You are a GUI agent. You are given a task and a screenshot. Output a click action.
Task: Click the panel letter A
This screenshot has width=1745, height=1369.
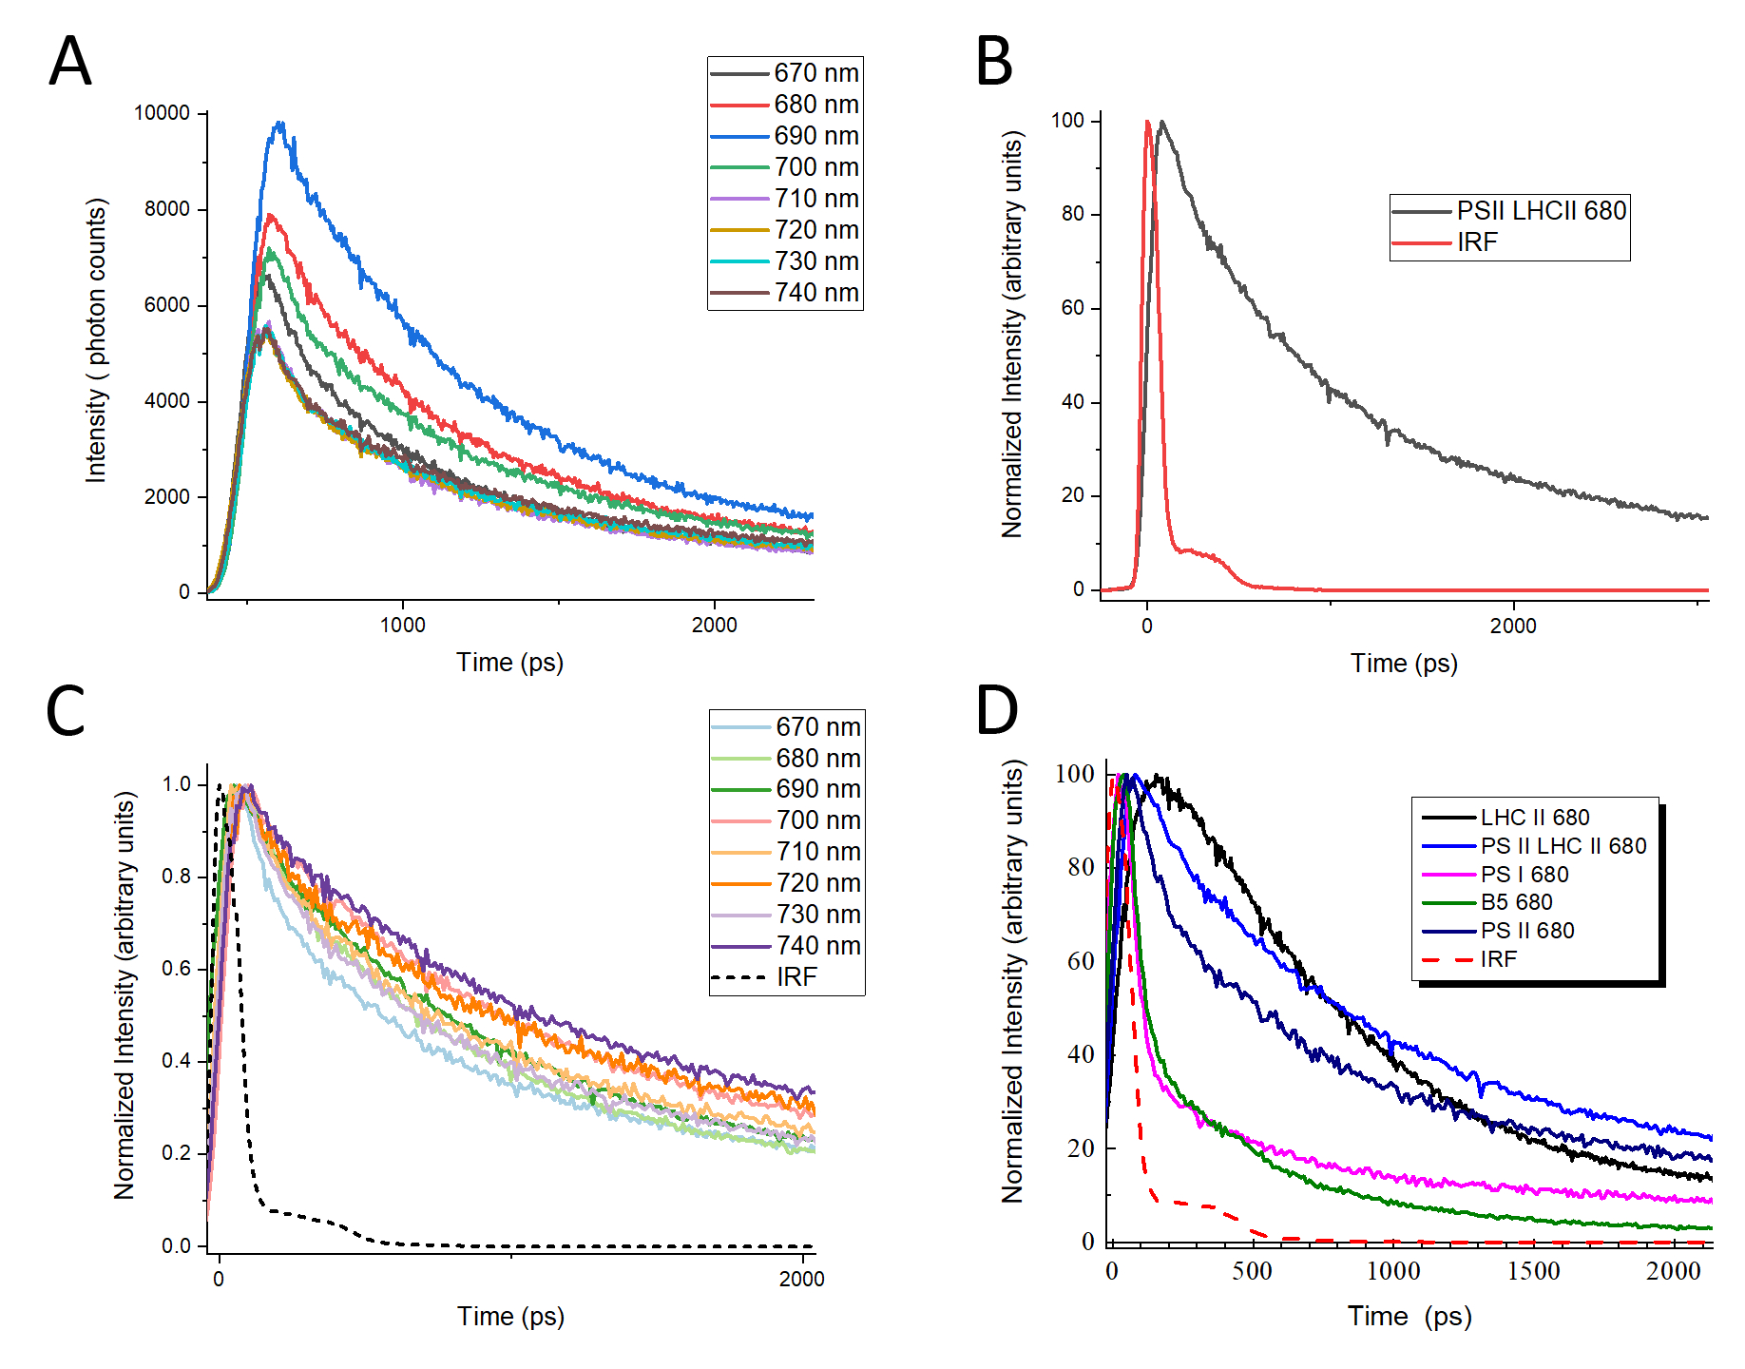(69, 63)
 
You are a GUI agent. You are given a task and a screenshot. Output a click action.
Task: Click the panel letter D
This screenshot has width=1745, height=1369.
(997, 711)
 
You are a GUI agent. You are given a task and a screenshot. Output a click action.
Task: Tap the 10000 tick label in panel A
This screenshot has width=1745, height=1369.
(162, 113)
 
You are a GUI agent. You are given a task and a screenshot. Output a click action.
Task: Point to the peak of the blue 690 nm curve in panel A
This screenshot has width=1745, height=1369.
(280, 123)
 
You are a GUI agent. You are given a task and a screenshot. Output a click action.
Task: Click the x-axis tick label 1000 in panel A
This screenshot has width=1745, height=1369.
(403, 625)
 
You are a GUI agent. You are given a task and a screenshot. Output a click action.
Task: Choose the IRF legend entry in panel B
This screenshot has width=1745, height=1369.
(1477, 242)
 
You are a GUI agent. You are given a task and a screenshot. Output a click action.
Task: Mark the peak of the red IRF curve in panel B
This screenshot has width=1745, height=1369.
(1148, 122)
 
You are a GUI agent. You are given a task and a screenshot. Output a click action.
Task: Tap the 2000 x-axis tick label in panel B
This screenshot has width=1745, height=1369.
(1513, 626)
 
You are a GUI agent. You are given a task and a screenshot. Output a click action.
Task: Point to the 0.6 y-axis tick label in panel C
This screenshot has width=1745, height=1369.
(177, 969)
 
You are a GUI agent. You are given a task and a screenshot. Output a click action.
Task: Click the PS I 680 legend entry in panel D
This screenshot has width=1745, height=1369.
(1524, 875)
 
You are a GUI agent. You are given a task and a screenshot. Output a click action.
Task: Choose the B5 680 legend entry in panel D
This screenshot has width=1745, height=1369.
(1516, 902)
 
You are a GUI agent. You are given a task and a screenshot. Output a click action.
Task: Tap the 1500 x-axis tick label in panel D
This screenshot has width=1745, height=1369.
(1533, 1271)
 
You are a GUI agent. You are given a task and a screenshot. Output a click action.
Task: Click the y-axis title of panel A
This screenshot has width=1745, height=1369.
(97, 340)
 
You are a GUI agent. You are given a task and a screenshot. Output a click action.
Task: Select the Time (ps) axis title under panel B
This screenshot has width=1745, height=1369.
(1404, 664)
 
